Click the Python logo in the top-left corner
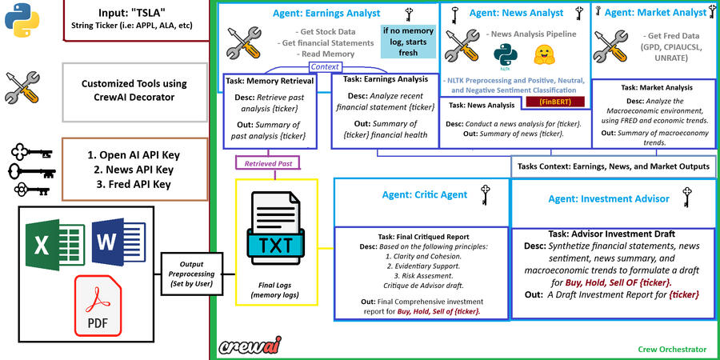point(22,19)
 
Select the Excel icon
point(54,245)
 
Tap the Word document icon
point(118,242)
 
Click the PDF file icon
point(98,305)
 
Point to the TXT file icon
point(275,230)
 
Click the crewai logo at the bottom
point(250,346)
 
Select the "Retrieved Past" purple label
point(268,163)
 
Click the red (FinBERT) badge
point(556,102)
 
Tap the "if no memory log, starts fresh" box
point(408,42)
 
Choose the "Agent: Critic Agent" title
point(425,194)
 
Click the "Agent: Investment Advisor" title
point(609,199)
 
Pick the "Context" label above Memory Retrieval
point(325,67)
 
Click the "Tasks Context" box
point(614,166)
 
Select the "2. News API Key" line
point(134,170)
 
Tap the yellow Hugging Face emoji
point(544,54)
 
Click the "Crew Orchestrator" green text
point(672,350)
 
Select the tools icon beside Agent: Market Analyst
point(610,46)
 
